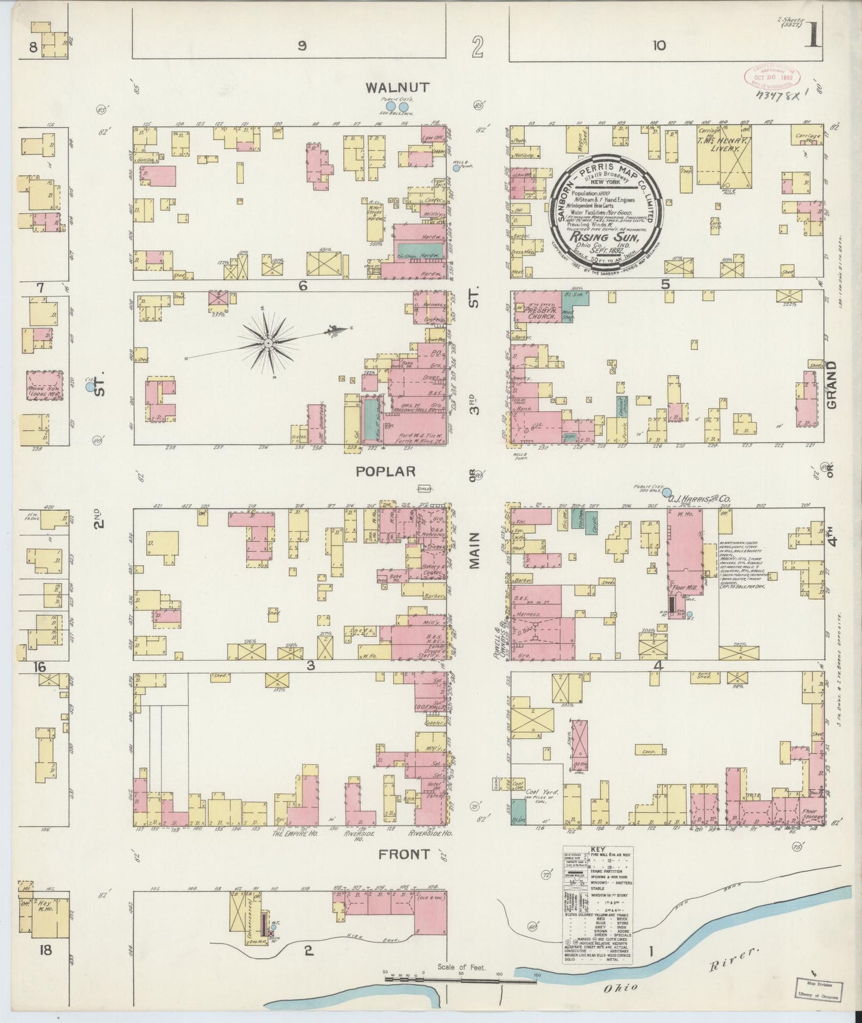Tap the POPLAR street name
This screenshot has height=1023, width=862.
pyautogui.click(x=385, y=472)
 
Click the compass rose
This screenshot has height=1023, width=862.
pyautogui.click(x=268, y=344)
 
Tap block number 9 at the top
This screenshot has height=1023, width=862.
pyautogui.click(x=302, y=46)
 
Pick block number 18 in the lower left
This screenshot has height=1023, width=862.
pyautogui.click(x=45, y=950)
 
